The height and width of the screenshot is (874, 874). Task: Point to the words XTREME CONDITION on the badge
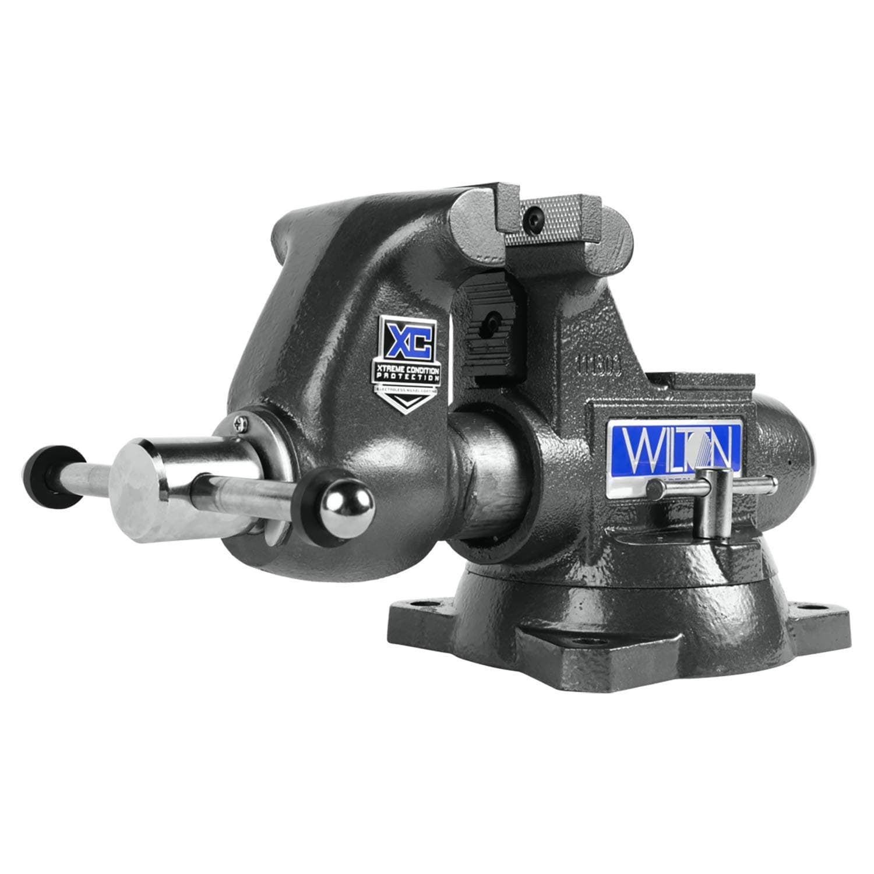(x=407, y=372)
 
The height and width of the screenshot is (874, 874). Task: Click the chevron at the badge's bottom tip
(x=408, y=401)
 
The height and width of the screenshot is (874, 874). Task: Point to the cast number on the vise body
(x=598, y=364)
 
